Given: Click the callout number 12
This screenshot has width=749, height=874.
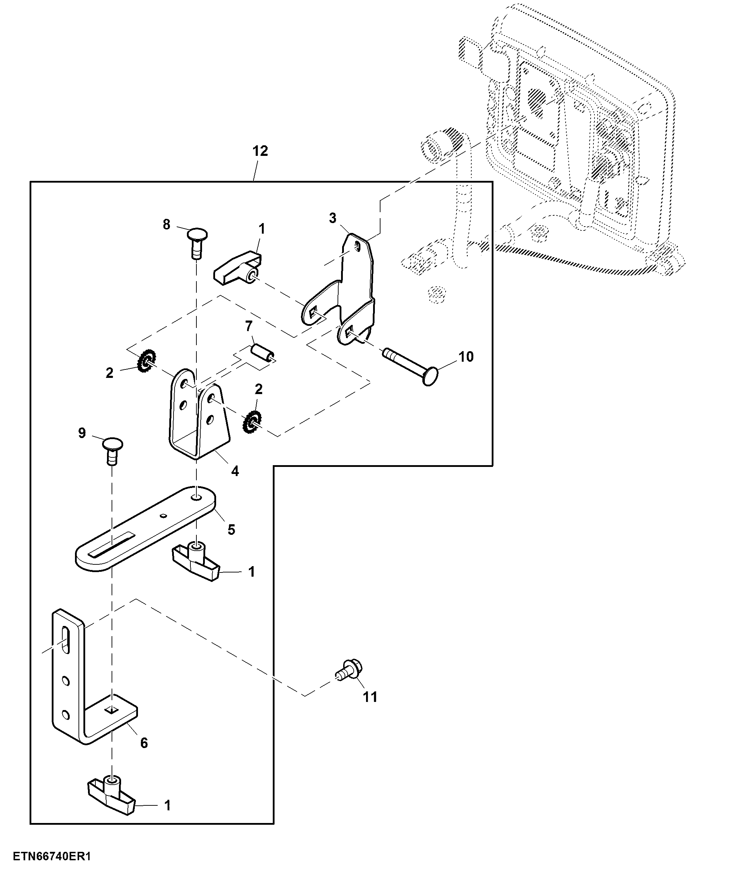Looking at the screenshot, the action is click(x=260, y=151).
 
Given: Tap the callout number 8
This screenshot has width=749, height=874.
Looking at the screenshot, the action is click(x=167, y=224).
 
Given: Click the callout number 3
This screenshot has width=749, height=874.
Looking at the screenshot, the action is click(x=333, y=218).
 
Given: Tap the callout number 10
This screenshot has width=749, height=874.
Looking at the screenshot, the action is click(x=466, y=356).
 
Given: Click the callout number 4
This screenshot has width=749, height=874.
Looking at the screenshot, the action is click(x=235, y=471).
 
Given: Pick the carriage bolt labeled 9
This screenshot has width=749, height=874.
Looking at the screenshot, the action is click(x=113, y=450).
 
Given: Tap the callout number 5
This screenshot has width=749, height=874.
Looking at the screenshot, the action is click(x=231, y=530).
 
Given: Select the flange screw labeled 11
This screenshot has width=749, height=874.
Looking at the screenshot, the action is click(x=350, y=670).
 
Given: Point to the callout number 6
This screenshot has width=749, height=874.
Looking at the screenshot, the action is click(x=144, y=743).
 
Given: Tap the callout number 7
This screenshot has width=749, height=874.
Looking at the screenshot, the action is click(x=248, y=326).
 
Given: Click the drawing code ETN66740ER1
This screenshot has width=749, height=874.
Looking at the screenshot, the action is click(x=52, y=856).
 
